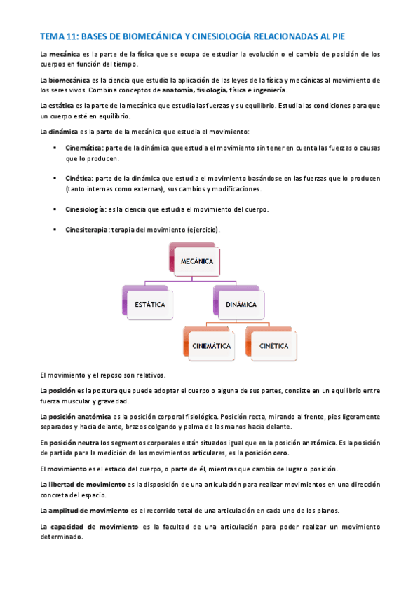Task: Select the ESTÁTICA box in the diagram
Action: (150, 304)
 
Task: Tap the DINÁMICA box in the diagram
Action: (241, 304)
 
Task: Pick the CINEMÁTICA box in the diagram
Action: (212, 345)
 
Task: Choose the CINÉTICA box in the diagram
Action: (273, 345)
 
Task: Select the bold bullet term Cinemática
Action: (83, 148)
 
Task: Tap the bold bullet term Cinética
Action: (79, 179)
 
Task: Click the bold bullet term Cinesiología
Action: (85, 209)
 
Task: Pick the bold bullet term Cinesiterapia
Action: (87, 230)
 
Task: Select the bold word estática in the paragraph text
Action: (61, 106)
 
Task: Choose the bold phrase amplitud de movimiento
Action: (89, 510)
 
